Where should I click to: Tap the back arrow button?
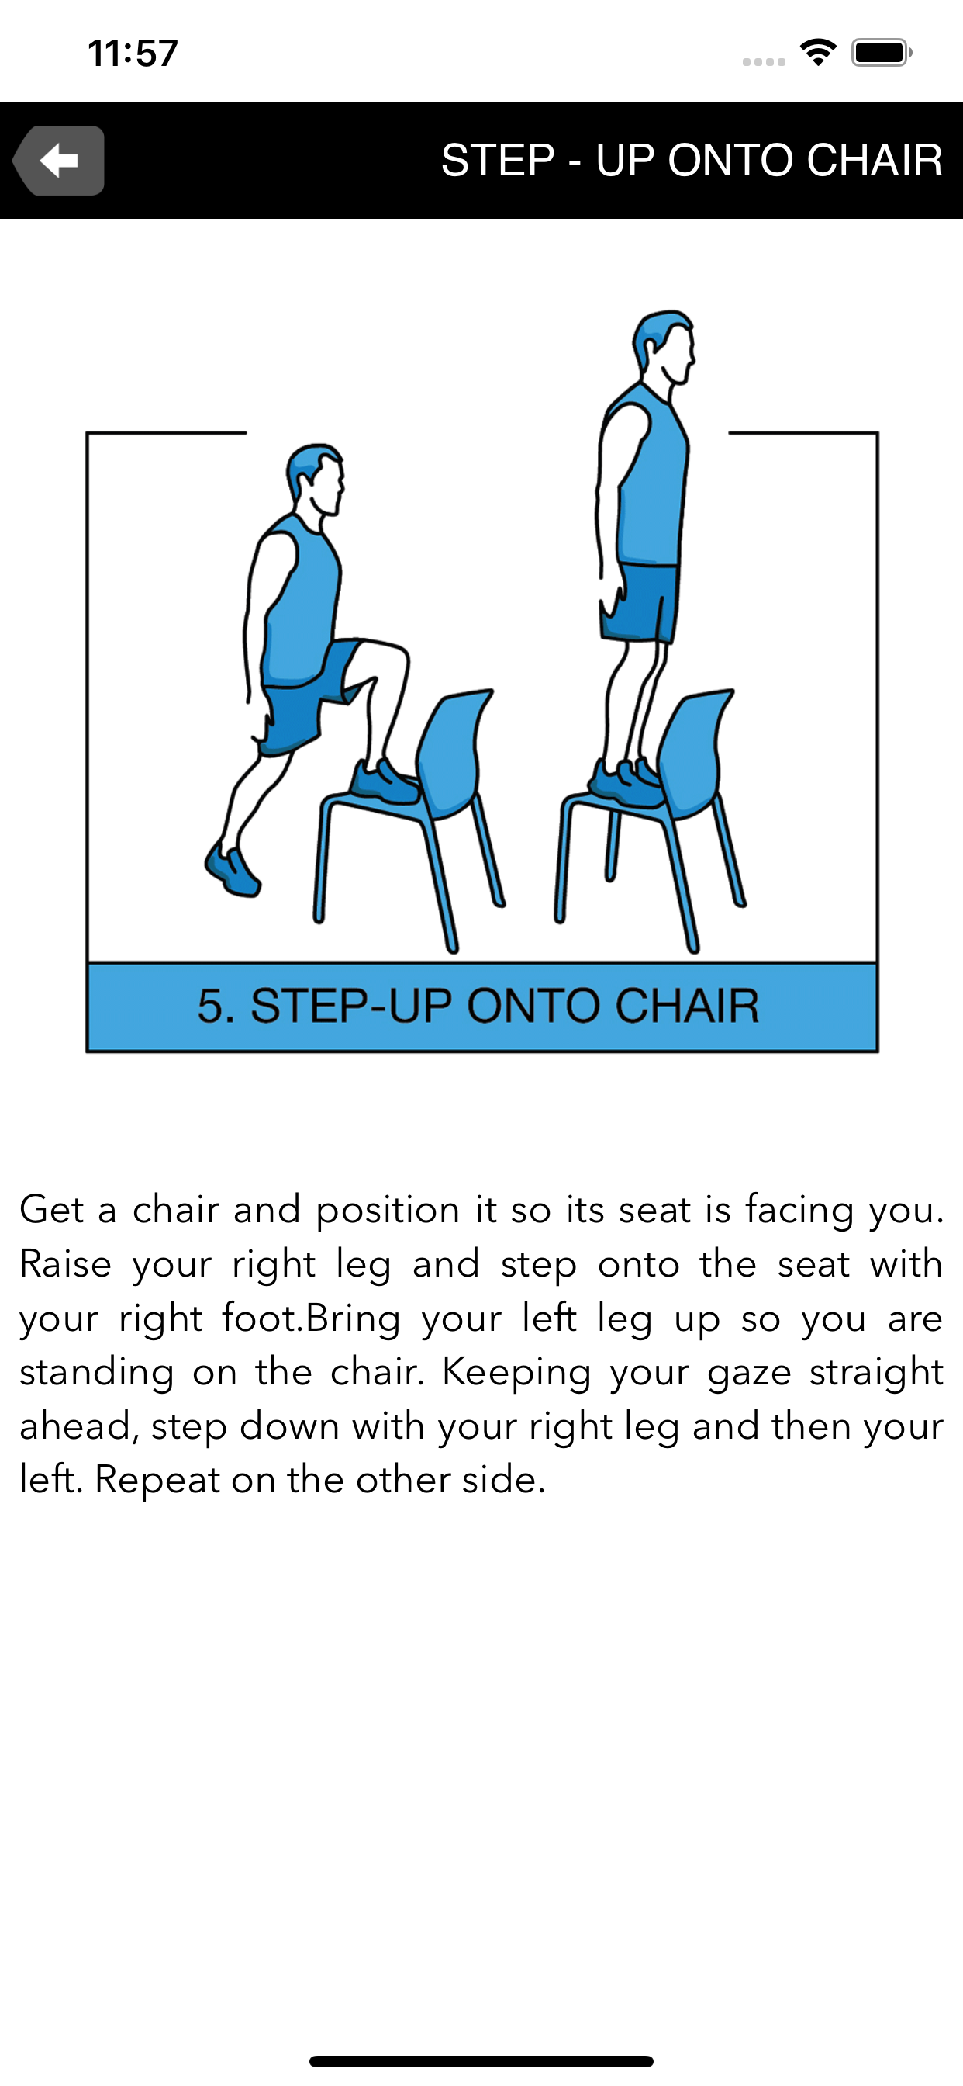click(58, 161)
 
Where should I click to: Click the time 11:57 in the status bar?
click(133, 54)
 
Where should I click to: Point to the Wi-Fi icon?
click(818, 53)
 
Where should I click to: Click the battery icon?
click(882, 53)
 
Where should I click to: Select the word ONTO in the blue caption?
click(534, 1007)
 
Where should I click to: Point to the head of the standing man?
click(664, 347)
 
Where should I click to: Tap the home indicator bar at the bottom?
click(481, 2061)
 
